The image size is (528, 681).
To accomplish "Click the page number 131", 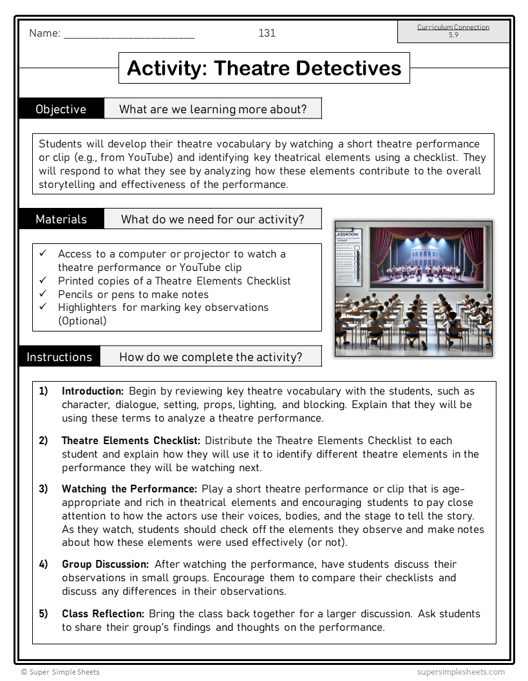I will [267, 33].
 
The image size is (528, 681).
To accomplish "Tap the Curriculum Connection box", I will [453, 31].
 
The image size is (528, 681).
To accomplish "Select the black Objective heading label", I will [61, 109].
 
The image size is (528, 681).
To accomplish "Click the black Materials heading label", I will [61, 219].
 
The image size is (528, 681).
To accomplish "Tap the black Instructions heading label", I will [59, 357].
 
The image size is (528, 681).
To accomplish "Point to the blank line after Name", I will [129, 34].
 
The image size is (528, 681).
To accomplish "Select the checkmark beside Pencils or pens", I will [42, 294].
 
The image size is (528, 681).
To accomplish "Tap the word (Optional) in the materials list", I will [82, 321].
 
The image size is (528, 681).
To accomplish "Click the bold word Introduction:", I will [93, 391].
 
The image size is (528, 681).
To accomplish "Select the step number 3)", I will [43, 489].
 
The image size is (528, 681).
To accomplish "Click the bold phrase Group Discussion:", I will [106, 564].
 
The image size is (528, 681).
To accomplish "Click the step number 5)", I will [43, 614].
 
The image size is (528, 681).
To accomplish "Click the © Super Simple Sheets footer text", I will [60, 672].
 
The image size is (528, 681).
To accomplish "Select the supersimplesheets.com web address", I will [460, 672].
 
